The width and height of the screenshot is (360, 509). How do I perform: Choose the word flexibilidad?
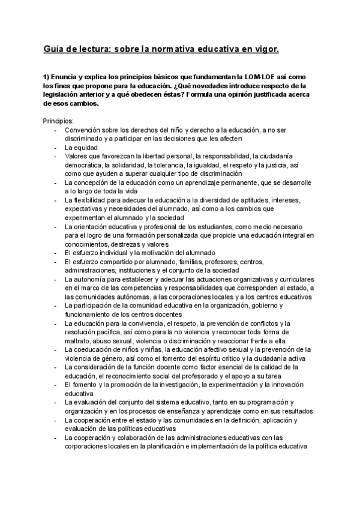pyautogui.click(x=91, y=200)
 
